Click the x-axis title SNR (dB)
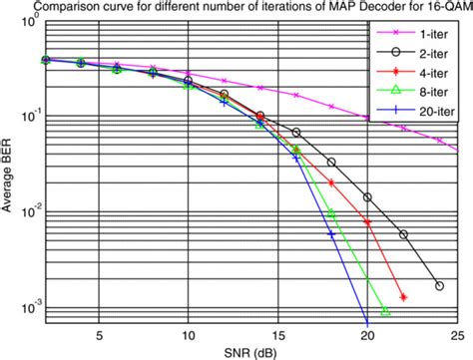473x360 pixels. pyautogui.click(x=249, y=352)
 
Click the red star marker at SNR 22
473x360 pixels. pyautogui.click(x=403, y=297)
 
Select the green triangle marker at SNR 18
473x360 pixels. pyautogui.click(x=332, y=213)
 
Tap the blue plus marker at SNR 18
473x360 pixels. pyautogui.click(x=331, y=234)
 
